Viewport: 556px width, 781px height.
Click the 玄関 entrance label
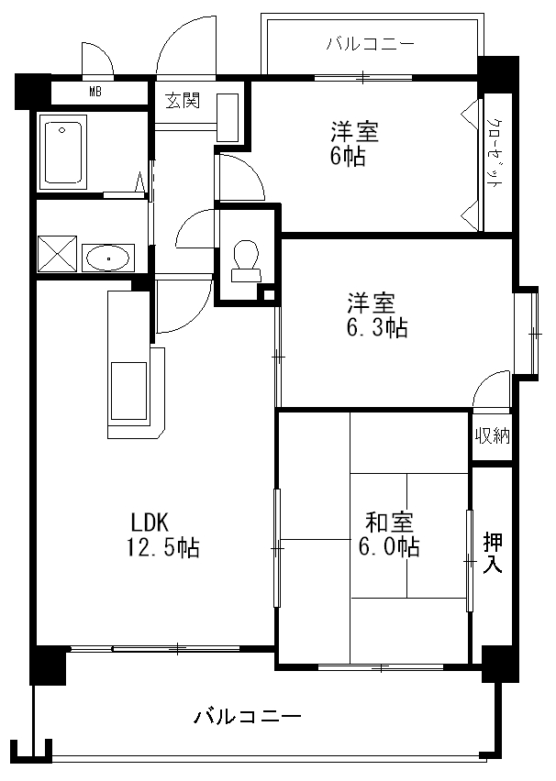click(x=183, y=101)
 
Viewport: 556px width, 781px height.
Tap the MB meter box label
click(x=95, y=92)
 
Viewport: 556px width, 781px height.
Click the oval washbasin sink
click(x=108, y=258)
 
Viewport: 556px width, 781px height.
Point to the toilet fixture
click(x=246, y=259)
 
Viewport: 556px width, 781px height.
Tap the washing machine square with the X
click(x=56, y=252)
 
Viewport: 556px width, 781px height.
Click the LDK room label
click(x=149, y=523)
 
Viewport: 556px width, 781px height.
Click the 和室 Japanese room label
click(x=389, y=523)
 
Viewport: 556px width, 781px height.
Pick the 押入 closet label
click(x=494, y=553)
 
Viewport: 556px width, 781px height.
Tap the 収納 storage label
click(x=492, y=436)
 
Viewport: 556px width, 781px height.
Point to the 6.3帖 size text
click(x=376, y=327)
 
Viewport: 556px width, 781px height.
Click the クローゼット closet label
click(x=494, y=154)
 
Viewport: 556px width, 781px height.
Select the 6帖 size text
click(x=348, y=156)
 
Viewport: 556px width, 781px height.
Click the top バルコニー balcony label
click(x=370, y=43)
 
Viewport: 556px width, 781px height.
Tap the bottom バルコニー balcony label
click(x=248, y=715)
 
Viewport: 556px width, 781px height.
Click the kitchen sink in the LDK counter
click(x=128, y=389)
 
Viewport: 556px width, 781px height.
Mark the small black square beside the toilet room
click(x=268, y=294)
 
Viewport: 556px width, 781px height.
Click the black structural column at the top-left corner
click(x=32, y=89)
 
